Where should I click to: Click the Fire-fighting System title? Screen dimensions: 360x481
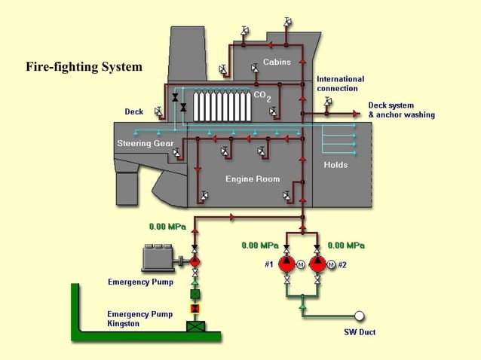pyautogui.click(x=84, y=67)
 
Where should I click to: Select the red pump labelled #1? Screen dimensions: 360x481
pyautogui.click(x=286, y=264)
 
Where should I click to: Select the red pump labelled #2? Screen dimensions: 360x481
pyautogui.click(x=317, y=264)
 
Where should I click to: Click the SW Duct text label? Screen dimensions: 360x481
pyautogui.click(x=354, y=332)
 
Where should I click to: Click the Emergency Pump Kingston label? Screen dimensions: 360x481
pyautogui.click(x=139, y=319)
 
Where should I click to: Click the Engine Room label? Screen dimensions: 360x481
pyautogui.click(x=253, y=179)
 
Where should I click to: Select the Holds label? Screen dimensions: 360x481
pyautogui.click(x=335, y=165)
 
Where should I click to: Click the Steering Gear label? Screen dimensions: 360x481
pyautogui.click(x=146, y=143)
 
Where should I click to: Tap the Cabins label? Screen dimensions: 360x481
pyautogui.click(x=277, y=62)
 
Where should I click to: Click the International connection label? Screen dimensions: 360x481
pyautogui.click(x=340, y=84)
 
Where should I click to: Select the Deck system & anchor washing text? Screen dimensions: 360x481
pyautogui.click(x=401, y=110)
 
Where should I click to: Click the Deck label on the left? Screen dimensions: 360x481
pyautogui.click(x=133, y=111)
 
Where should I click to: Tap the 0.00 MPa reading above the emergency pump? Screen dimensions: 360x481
pyautogui.click(x=167, y=226)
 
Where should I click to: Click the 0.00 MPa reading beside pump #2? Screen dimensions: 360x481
pyautogui.click(x=347, y=246)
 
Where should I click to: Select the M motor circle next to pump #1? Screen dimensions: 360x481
pyautogui.click(x=300, y=264)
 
